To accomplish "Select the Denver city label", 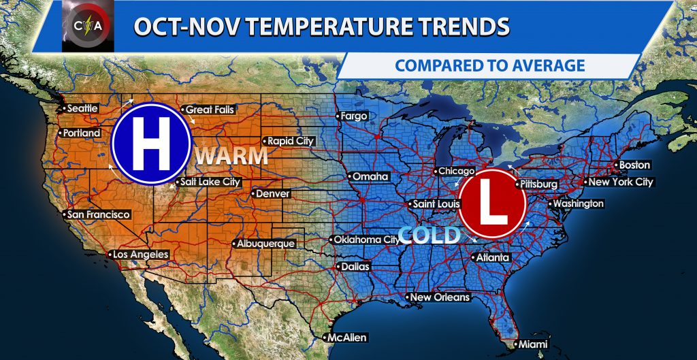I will pyautogui.click(x=273, y=194).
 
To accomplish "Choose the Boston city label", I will pyautogui.click(x=634, y=165).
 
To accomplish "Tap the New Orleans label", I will pyautogui.click(x=440, y=297).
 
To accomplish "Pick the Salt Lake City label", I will pyautogui.click(x=210, y=182).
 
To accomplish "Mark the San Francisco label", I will pyautogui.click(x=99, y=215).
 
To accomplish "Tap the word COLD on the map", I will pyautogui.click(x=429, y=235).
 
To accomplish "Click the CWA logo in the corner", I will pyautogui.click(x=87, y=26).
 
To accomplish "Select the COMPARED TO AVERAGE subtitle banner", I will pyautogui.click(x=489, y=65).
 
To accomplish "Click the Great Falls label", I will pyautogui.click(x=210, y=110).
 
